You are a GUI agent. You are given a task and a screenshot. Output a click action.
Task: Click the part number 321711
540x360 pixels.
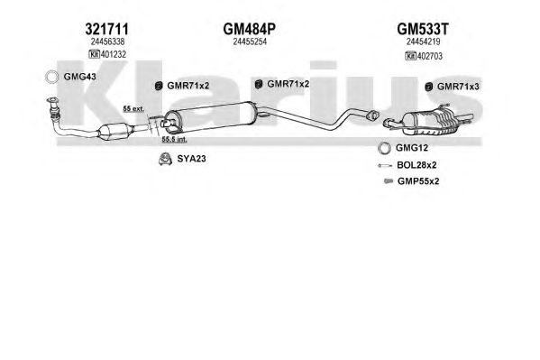pos(106,29)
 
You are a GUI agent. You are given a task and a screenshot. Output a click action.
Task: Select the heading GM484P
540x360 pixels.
pos(250,29)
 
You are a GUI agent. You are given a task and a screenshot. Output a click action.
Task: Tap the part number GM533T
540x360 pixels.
pos(423,29)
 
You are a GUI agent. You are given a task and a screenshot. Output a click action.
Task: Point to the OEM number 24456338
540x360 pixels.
pos(107,42)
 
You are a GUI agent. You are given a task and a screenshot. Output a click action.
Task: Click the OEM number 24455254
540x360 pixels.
pos(250,42)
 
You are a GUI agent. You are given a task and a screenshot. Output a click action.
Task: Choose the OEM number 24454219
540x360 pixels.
pos(423,42)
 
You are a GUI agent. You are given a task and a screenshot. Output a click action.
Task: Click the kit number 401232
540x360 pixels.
pos(113,54)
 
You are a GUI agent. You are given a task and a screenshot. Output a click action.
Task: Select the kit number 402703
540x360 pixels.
pos(430,56)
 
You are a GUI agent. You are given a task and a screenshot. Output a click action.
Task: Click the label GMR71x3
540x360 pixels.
pos(458,87)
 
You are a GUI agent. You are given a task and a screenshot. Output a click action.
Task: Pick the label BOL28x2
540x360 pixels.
pos(416,165)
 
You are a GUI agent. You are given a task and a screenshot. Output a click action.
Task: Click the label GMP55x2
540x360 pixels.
pos(418,181)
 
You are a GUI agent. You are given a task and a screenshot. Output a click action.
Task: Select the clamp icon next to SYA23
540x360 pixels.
pos(165,159)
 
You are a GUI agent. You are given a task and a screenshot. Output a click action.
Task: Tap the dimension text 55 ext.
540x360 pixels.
pos(133,109)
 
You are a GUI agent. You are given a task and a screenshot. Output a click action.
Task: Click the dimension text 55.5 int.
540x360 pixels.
pos(175,140)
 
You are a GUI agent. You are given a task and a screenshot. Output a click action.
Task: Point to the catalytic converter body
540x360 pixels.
pos(114,132)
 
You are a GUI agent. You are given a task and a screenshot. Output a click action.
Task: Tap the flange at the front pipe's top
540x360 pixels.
pos(53,101)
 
